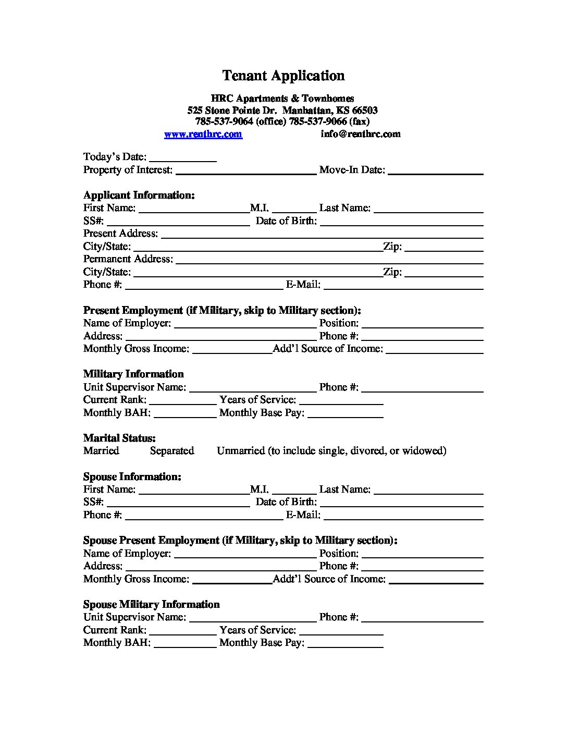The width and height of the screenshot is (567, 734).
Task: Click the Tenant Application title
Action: point(283,76)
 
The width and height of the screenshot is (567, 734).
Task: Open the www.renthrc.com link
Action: point(203,134)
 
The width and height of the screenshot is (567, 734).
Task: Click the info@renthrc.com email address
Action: point(360,134)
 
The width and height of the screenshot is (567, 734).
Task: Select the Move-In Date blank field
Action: point(435,170)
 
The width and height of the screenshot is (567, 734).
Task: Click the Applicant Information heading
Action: point(139,195)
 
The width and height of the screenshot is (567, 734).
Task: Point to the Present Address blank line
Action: point(322,235)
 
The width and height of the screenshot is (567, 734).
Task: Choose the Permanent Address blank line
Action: point(329,260)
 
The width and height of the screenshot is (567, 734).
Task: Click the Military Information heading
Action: point(133,374)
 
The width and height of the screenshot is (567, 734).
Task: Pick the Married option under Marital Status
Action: point(101,451)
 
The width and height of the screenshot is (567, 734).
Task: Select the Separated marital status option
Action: point(172,451)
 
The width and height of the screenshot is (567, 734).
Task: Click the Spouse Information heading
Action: point(132,476)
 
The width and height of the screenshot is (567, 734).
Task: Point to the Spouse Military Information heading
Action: point(151,604)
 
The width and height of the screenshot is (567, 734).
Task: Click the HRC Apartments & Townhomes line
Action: point(282,99)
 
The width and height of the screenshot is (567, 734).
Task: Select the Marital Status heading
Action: point(119,438)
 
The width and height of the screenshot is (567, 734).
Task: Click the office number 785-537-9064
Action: point(224,122)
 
